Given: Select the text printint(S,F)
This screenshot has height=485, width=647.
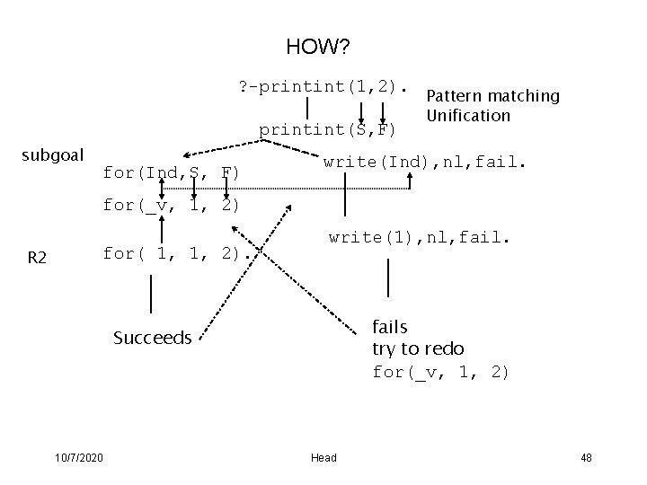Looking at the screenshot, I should [x=327, y=130].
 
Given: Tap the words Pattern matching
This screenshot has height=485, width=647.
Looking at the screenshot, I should [x=492, y=96].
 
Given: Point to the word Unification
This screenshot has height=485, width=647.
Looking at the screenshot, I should [x=468, y=115].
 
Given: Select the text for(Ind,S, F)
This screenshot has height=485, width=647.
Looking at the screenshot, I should [x=171, y=172].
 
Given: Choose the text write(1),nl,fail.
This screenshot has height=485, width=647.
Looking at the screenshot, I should [x=421, y=238].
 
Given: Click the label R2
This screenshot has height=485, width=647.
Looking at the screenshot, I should [x=38, y=259].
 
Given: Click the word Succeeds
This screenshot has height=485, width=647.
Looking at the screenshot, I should [x=152, y=338].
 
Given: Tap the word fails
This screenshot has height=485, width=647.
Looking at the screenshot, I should [x=389, y=327].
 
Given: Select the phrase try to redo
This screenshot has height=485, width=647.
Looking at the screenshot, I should [x=418, y=348].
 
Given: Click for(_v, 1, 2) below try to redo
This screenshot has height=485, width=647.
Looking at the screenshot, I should [x=440, y=371].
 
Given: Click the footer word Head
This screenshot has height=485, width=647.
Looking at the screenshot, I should [x=323, y=458].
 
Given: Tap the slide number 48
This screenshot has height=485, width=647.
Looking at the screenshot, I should [x=586, y=458].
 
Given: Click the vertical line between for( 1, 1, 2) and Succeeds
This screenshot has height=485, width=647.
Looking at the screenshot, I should [x=151, y=294].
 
